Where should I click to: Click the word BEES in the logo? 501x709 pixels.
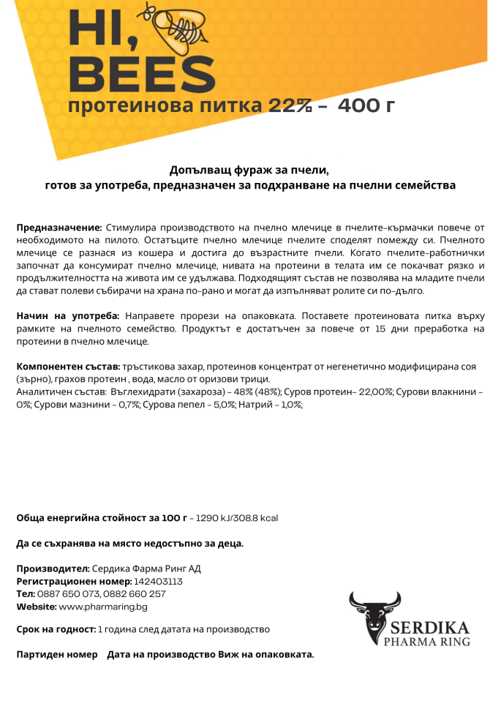tap(146, 75)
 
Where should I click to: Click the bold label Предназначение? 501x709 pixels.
tap(59, 228)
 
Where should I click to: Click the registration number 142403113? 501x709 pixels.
tap(158, 581)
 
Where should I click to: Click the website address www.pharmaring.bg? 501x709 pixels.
tap(103, 606)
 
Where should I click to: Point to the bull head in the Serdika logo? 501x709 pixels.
tap(374, 613)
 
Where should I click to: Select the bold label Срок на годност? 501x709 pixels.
tap(56, 629)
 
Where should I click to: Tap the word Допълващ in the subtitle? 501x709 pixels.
tap(195, 170)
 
